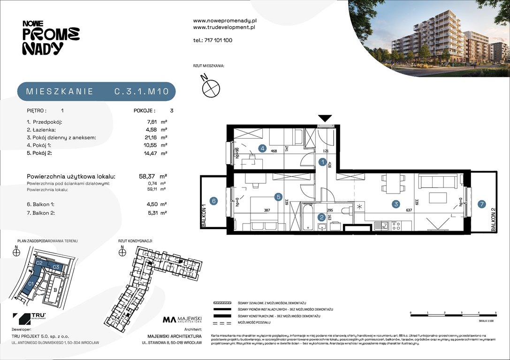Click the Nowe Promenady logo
pos(50,37)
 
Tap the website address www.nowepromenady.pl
pos(224,21)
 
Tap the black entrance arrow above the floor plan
pos(325,118)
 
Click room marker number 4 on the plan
pos(263,149)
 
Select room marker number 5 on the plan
pos(278,197)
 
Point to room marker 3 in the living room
pos(396,204)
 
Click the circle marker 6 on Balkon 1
pos(213,201)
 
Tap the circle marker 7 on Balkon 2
pos(481,204)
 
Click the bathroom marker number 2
pos(321,217)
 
